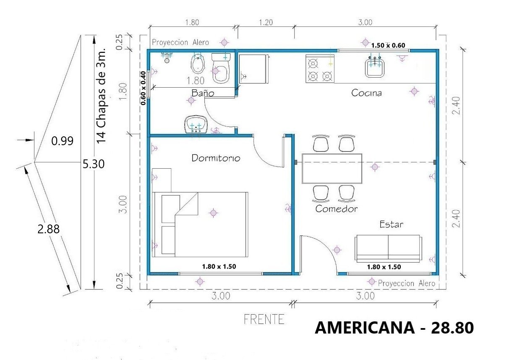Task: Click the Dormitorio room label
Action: click(x=216, y=158)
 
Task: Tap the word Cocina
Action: click(x=366, y=93)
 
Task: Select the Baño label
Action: click(x=203, y=93)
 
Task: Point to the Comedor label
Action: click(x=336, y=209)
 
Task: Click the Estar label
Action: click(x=391, y=224)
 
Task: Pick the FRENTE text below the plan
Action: click(x=264, y=319)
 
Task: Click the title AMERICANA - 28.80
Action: click(x=394, y=328)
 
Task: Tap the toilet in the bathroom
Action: click(x=221, y=68)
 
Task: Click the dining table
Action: click(x=332, y=168)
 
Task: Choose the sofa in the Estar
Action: click(x=388, y=248)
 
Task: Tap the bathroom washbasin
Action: click(x=196, y=125)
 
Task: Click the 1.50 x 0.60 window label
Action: click(x=388, y=45)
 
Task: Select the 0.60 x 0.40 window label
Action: click(x=143, y=88)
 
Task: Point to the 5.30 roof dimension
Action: click(x=94, y=164)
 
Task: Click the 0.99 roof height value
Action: click(x=62, y=141)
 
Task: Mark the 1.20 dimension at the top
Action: click(x=266, y=22)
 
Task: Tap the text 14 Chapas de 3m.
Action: click(x=101, y=96)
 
